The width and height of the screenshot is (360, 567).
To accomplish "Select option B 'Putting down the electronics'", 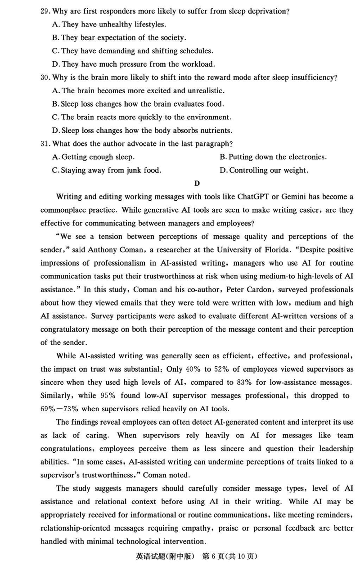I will pos(273,157).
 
